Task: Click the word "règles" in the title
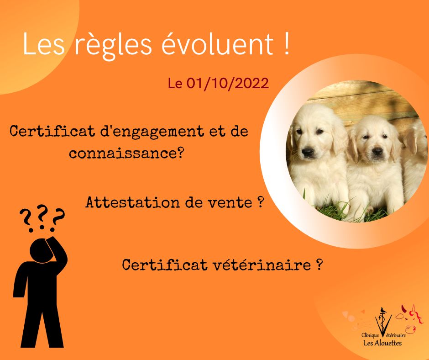(x=113, y=46)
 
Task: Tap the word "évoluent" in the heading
(x=218, y=43)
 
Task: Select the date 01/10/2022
(x=228, y=83)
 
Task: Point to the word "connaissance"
(x=122, y=154)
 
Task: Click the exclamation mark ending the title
(x=286, y=44)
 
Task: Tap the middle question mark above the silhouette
(x=42, y=217)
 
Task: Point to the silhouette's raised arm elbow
(x=63, y=257)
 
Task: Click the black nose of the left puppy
(x=308, y=152)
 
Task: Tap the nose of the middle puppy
(x=377, y=151)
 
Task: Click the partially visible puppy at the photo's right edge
(x=415, y=162)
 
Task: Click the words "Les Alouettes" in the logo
(x=382, y=343)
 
